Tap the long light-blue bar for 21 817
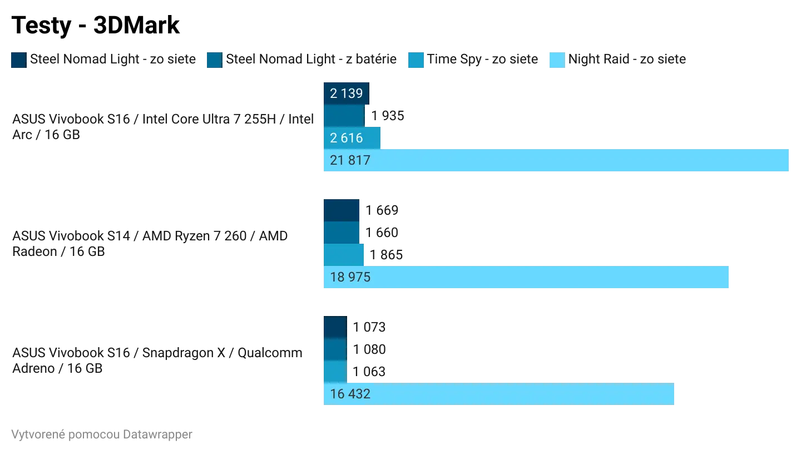click(556, 160)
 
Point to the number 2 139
click(346, 93)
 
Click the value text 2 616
click(346, 138)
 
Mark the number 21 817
click(350, 160)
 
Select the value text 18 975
click(350, 277)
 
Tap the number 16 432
click(350, 394)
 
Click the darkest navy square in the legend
click(18, 60)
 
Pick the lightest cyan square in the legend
click(556, 60)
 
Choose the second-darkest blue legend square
click(214, 60)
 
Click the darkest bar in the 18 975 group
click(341, 210)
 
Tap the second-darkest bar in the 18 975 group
click(341, 233)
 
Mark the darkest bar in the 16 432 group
click(334, 327)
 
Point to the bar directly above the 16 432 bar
click(334, 372)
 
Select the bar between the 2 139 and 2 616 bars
click(343, 116)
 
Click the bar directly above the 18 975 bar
click(343, 255)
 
